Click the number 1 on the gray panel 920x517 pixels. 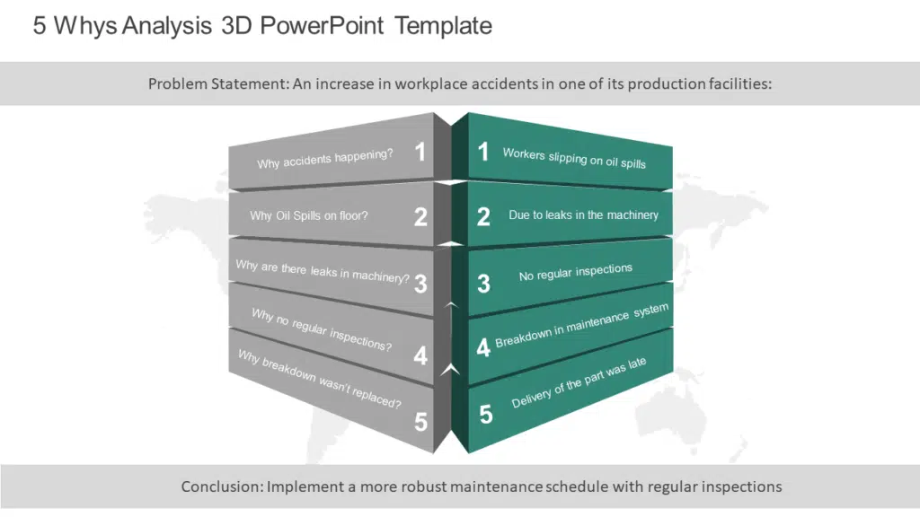point(420,152)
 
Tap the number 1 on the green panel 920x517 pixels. point(482,151)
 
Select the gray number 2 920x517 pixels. point(420,217)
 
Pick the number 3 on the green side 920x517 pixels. point(483,284)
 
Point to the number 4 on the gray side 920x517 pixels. point(420,355)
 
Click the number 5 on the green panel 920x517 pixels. point(486,415)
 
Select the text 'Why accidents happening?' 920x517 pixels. point(325,159)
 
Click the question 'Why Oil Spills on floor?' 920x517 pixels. point(309,215)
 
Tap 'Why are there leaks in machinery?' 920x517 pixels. point(323,271)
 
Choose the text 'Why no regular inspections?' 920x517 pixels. point(322,329)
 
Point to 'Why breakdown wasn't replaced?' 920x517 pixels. point(320,379)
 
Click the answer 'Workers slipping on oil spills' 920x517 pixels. point(574,158)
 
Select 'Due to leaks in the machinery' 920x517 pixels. point(583,215)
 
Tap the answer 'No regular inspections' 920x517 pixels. point(576,272)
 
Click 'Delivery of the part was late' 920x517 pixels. point(579,382)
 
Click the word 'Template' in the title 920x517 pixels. point(443,26)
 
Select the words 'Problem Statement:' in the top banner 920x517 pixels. point(219,83)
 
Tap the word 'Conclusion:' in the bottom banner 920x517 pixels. point(222,486)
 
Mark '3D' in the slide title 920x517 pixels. point(236,26)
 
